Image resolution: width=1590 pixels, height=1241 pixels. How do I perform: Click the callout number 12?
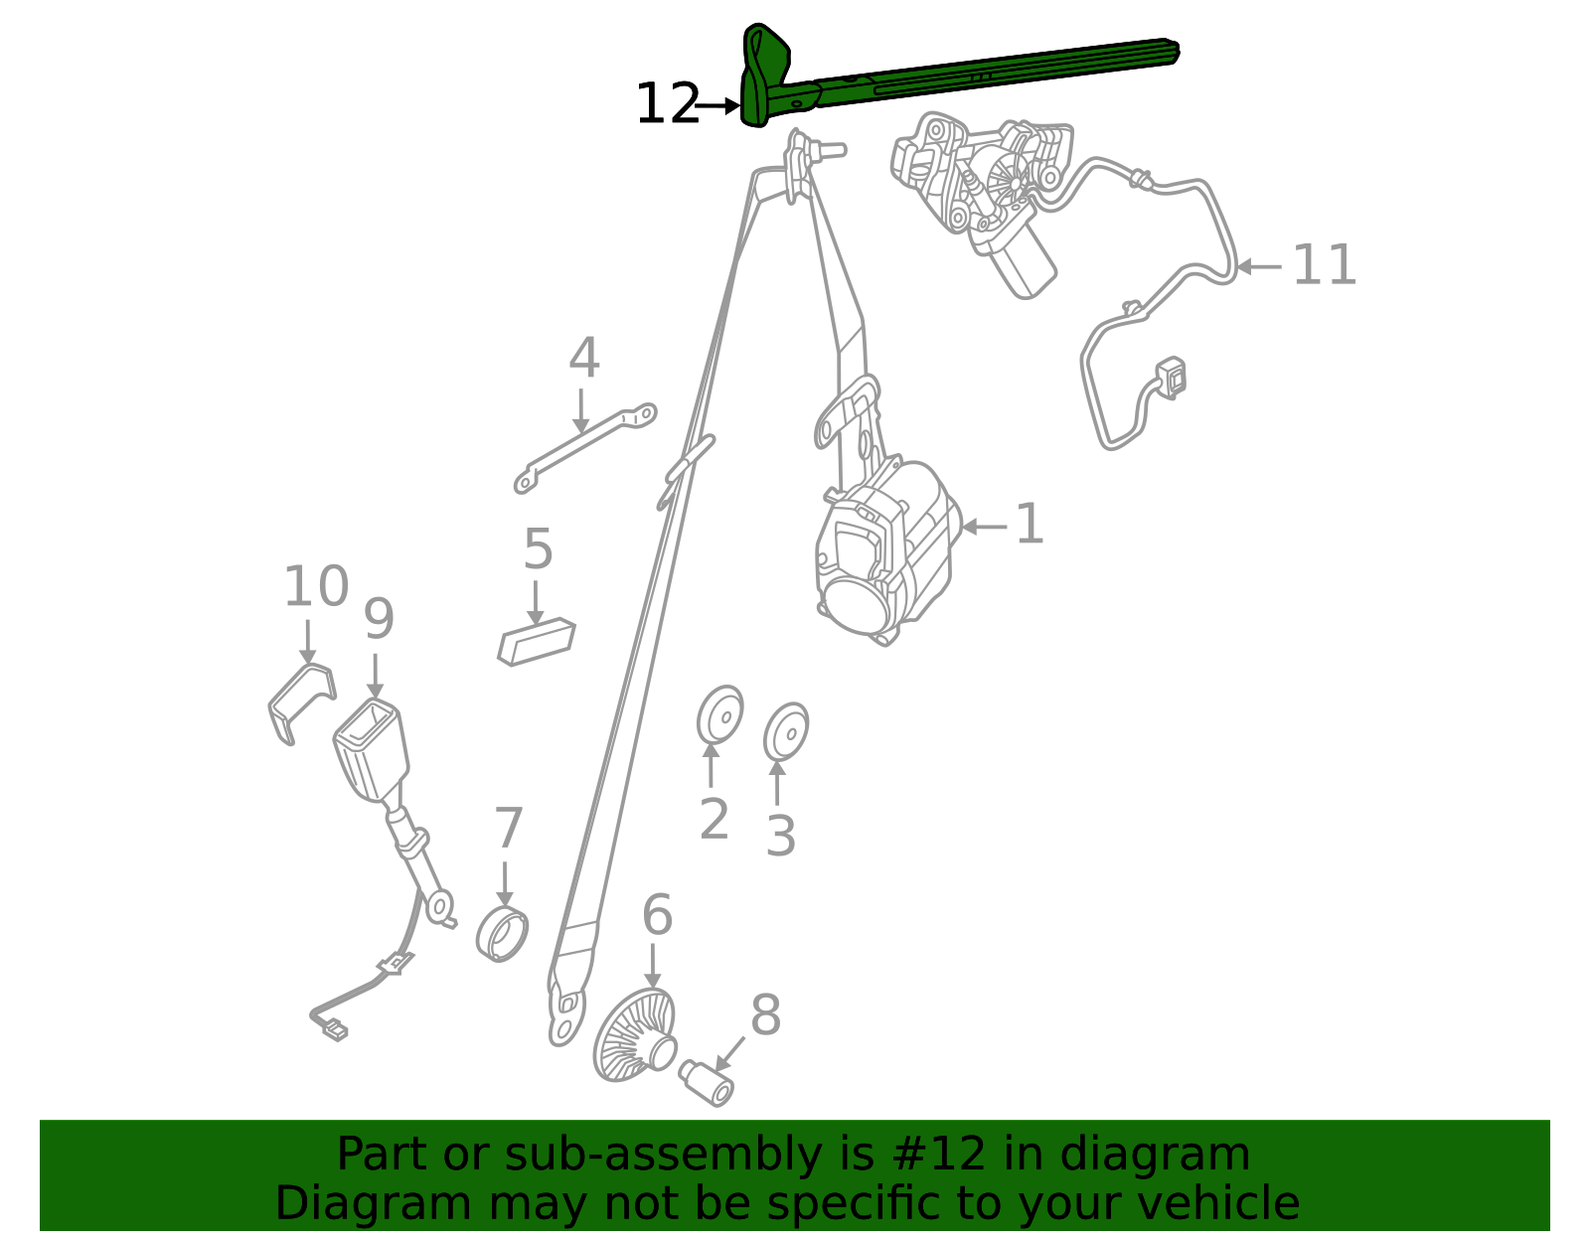668,104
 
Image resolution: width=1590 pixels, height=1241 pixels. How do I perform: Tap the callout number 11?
1325,264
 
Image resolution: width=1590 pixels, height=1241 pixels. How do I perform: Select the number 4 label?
584,358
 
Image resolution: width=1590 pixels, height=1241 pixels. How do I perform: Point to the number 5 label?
538,548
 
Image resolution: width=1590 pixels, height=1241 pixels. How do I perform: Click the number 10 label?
316,586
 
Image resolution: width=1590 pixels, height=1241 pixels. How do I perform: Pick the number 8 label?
765,1015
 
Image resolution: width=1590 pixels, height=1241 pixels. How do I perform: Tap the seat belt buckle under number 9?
371,749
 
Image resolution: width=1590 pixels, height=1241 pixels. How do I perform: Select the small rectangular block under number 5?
537,642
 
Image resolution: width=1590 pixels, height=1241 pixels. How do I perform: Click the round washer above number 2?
720,714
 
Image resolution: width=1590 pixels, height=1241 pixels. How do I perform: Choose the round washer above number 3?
787,731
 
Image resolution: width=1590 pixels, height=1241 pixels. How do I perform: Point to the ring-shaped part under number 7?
502,934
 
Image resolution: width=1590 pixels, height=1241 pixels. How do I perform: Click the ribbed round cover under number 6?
634,1035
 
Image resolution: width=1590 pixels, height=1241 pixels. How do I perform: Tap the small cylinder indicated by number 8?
707,1083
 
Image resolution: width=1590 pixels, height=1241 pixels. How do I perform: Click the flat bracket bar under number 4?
585,447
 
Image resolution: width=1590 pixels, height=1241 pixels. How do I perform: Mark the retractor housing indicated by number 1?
886,552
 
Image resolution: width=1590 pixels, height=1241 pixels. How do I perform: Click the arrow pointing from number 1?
984,526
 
